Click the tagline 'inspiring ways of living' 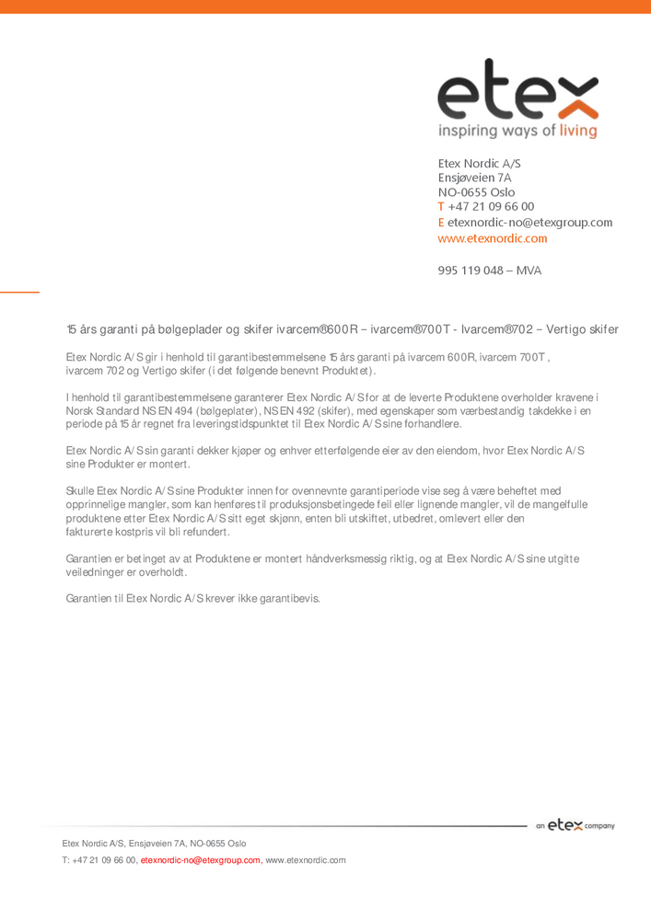[517, 131]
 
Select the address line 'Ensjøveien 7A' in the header [474, 178]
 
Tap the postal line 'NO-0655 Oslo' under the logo [476, 192]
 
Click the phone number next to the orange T [491, 207]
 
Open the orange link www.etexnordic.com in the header [492, 238]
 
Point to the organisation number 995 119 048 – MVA [489, 270]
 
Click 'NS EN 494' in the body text [169, 410]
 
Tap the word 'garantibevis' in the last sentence [288, 599]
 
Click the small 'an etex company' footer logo [575, 825]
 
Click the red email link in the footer [200, 860]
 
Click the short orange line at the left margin [19, 292]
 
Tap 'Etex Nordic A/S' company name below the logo [479, 163]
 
